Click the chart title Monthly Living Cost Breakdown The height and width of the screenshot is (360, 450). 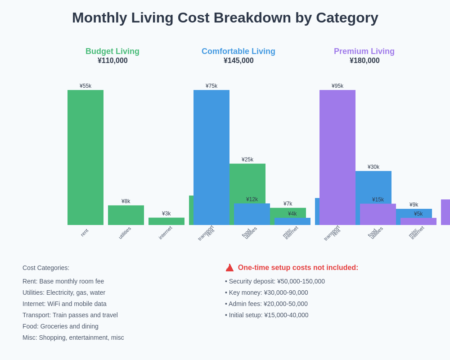[x=225, y=18]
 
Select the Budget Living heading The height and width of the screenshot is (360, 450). [x=112, y=51]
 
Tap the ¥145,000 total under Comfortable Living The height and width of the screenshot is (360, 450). [x=238, y=61]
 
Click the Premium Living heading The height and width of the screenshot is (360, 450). [x=364, y=51]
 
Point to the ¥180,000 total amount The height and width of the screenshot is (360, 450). [x=364, y=61]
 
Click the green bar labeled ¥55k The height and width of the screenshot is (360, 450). [x=85, y=157]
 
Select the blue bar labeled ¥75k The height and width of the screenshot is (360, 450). [x=211, y=157]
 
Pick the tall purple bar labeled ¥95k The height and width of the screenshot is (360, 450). [x=337, y=157]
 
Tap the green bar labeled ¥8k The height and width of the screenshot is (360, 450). [x=126, y=215]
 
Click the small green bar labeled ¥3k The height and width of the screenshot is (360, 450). [x=166, y=221]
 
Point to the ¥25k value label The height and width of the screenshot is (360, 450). [x=247, y=160]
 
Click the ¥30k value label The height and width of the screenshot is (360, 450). [x=373, y=167]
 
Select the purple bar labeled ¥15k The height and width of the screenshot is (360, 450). [x=378, y=214]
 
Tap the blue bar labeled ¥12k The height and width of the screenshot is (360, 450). [x=252, y=214]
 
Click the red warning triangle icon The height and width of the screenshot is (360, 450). [x=229, y=268]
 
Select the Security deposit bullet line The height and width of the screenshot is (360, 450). [x=275, y=281]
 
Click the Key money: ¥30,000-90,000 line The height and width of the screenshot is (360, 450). [x=266, y=292]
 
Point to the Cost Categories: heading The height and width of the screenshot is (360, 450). [x=46, y=268]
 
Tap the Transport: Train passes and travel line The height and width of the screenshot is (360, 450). [x=70, y=315]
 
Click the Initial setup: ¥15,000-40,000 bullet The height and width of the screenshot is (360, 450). [x=267, y=315]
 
